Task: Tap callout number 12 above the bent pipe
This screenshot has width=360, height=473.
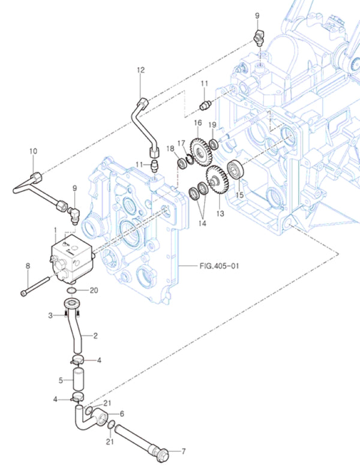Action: point(141,70)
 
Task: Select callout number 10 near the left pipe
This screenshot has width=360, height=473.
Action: point(33,152)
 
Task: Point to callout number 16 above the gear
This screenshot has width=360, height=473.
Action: point(197,122)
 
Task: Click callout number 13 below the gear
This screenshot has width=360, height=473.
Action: point(219,213)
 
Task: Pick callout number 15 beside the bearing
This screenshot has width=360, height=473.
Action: point(239,195)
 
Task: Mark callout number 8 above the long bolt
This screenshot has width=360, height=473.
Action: point(28,266)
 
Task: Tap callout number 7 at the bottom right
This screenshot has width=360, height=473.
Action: point(184,450)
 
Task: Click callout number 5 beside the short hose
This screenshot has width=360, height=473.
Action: point(61,380)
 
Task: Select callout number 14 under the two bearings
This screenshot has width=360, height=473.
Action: point(203,223)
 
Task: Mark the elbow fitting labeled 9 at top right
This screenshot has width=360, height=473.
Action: point(259,37)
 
